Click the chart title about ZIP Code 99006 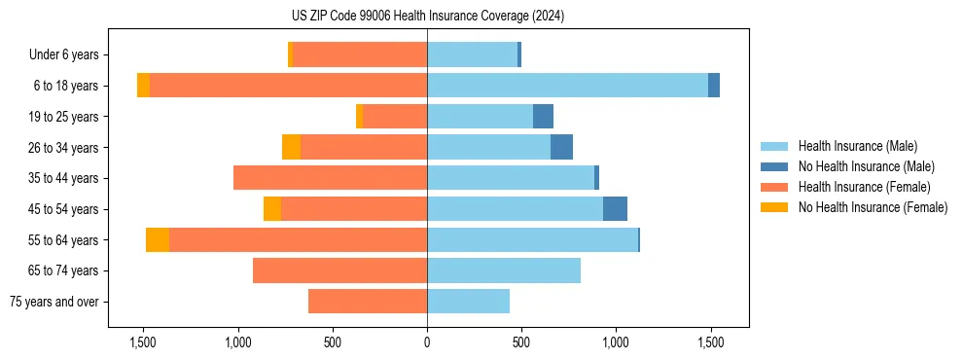(x=427, y=17)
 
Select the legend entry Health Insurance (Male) (x=857, y=146)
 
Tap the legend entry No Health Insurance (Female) (x=873, y=207)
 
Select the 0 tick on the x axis (x=427, y=343)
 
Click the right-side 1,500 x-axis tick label (x=710, y=343)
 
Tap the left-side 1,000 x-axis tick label (x=238, y=343)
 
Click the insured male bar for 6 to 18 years (x=567, y=86)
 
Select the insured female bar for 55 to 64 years (x=298, y=240)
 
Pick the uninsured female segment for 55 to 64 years (x=158, y=240)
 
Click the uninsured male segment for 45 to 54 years (x=615, y=209)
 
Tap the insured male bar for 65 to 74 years (x=504, y=270)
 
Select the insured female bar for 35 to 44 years (x=330, y=178)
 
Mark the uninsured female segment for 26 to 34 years (x=291, y=147)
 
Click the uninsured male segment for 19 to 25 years (x=543, y=117)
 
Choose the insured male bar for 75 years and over (x=468, y=302)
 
